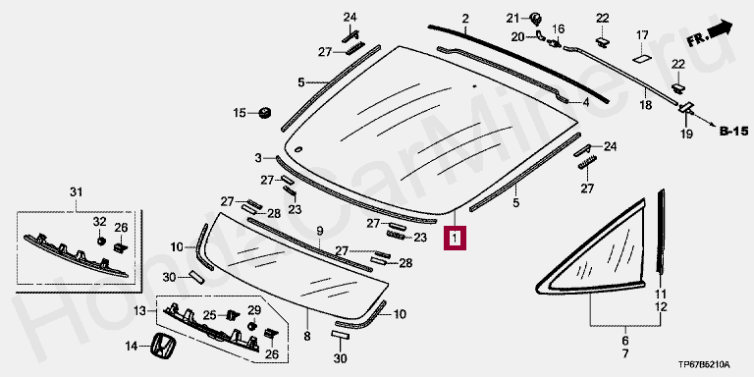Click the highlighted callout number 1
point(455,238)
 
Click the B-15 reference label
point(733,131)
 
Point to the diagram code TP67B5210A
point(704,364)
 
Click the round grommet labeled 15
point(265,113)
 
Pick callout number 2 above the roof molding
point(465,20)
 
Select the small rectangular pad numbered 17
point(642,59)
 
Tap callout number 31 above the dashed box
point(77,192)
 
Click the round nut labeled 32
point(101,240)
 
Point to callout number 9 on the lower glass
point(320,232)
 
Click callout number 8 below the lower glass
point(307,336)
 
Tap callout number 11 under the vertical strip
point(661,295)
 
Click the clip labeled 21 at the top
point(535,20)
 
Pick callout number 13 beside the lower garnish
point(139,311)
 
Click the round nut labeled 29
point(251,326)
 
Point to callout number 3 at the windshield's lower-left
point(258,158)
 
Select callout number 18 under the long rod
point(646,105)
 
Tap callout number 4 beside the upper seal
point(586,102)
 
